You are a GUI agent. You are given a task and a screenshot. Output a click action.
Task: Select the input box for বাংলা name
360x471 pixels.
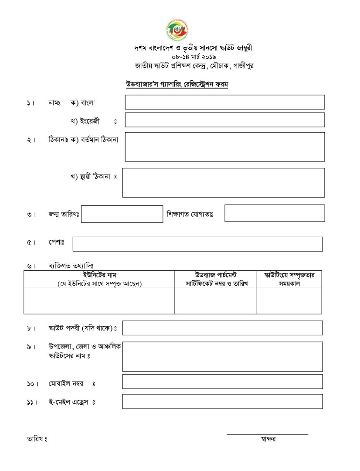pyautogui.click(x=224, y=102)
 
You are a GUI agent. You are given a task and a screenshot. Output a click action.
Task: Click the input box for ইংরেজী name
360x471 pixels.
pyautogui.click(x=224, y=120)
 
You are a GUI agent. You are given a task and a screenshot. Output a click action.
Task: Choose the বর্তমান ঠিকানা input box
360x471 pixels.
pyautogui.click(x=224, y=147)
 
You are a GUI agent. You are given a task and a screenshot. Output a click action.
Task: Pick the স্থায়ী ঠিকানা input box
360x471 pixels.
pyautogui.click(x=223, y=183)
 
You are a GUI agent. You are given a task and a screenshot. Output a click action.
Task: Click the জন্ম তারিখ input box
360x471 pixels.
pyautogui.click(x=122, y=214)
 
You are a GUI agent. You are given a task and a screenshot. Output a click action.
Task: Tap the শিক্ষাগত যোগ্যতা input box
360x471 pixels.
pyautogui.click(x=275, y=213)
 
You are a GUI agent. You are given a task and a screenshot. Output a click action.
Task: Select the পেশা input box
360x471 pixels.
pyautogui.click(x=197, y=244)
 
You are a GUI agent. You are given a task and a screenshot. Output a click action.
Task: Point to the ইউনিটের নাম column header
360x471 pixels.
pyautogui.click(x=99, y=279)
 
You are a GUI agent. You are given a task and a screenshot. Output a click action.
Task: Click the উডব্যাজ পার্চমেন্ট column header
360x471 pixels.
pyautogui.click(x=215, y=279)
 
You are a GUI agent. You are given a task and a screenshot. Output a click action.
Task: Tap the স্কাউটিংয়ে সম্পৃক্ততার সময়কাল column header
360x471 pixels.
pyautogui.click(x=289, y=279)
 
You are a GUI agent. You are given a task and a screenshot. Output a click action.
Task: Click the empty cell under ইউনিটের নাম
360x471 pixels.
pyautogui.click(x=99, y=301)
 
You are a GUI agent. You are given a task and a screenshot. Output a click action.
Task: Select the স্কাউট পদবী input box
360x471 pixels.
pyautogui.click(x=222, y=328)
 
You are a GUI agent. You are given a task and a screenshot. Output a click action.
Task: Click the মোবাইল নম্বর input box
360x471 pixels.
pyautogui.click(x=222, y=382)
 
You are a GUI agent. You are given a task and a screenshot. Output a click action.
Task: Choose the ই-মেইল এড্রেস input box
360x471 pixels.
pyautogui.click(x=222, y=402)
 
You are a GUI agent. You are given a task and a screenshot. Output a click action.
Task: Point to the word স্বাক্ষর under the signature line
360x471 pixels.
pyautogui.click(x=267, y=439)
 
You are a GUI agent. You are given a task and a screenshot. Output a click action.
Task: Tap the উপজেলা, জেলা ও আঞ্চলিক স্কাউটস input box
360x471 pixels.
pyautogui.click(x=222, y=356)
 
